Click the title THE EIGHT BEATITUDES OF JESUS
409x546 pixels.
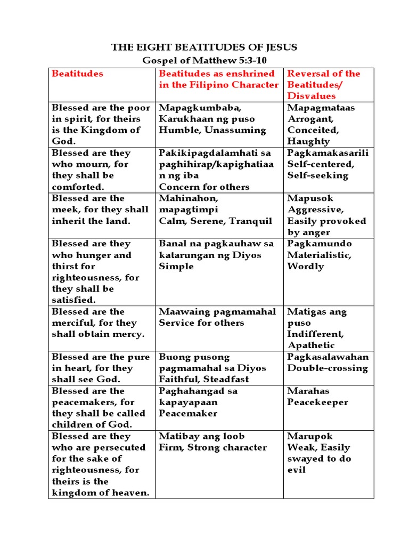click(204, 47)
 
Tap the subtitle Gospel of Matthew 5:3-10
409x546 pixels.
click(204, 61)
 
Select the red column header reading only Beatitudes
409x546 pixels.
click(78, 74)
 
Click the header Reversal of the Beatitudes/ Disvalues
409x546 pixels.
click(324, 84)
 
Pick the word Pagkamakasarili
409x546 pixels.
click(328, 153)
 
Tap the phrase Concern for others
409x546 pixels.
click(204, 187)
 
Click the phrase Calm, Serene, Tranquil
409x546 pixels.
click(215, 221)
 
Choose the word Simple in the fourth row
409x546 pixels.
click(176, 266)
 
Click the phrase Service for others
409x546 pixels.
click(201, 323)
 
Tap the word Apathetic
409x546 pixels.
click(311, 345)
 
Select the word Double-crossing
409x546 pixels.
click(328, 368)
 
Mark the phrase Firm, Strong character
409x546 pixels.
click(212, 447)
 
